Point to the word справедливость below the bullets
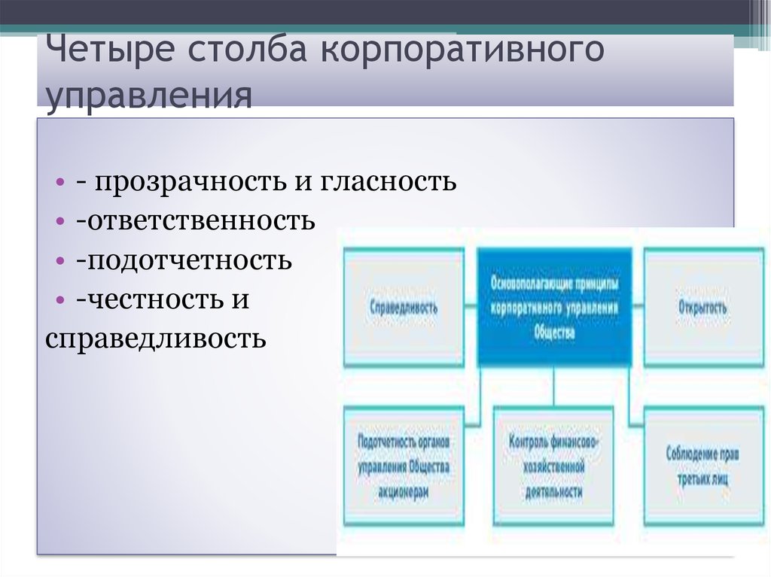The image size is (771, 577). pyautogui.click(x=155, y=339)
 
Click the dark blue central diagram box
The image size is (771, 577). pyautogui.click(x=555, y=307)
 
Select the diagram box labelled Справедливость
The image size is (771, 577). pyautogui.click(x=404, y=308)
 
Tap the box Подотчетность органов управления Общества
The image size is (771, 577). pyautogui.click(x=404, y=466)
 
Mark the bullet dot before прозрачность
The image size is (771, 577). pyautogui.click(x=59, y=183)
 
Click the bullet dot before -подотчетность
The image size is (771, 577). pyautogui.click(x=59, y=262)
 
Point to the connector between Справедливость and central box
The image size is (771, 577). pyautogui.click(x=471, y=307)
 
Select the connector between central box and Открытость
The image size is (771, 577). pyautogui.click(x=638, y=307)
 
